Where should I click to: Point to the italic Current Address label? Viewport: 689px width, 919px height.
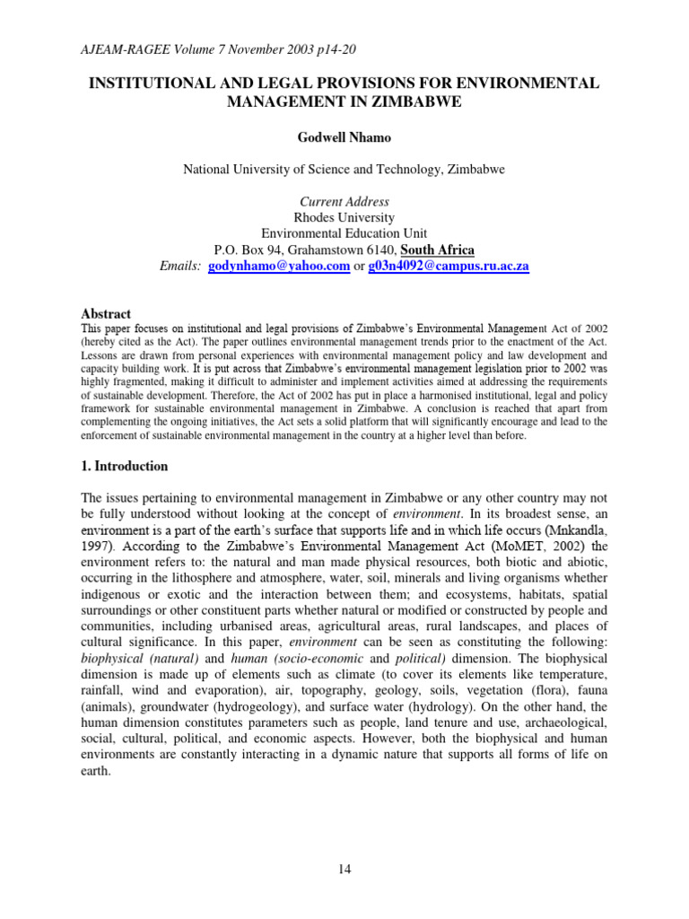coord(344,202)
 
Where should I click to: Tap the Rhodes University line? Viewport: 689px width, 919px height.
coord(344,217)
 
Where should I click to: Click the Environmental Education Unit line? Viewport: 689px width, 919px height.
coord(344,233)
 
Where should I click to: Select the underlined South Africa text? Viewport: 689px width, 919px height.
coord(437,249)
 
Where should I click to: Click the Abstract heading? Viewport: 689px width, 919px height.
coord(106,314)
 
